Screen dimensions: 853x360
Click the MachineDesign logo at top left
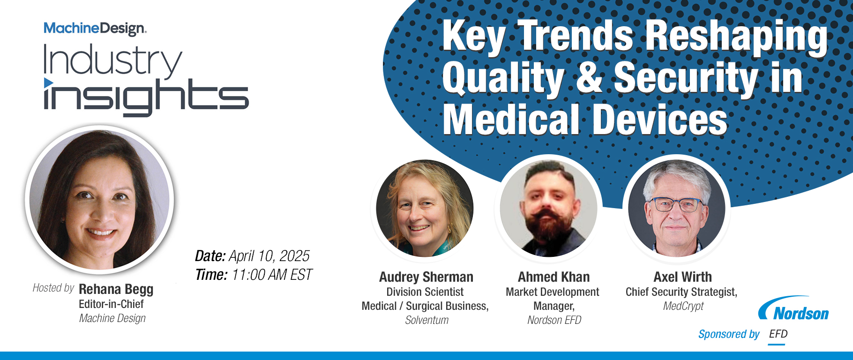tap(95, 29)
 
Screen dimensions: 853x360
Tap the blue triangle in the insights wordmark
tap(48, 83)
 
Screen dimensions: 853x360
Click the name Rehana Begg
tap(116, 289)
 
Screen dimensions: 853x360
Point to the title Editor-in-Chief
tap(111, 304)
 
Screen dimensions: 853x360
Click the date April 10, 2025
tap(269, 256)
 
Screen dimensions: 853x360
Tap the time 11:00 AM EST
tap(272, 275)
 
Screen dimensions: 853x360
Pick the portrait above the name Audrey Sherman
tap(425, 208)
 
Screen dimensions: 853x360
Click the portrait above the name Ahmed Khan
tap(548, 208)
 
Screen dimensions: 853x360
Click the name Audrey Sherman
tap(426, 277)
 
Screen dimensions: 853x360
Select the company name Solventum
tap(427, 320)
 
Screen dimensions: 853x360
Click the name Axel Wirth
tap(682, 277)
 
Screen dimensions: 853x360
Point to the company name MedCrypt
tap(683, 306)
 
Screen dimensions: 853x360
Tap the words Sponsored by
tap(729, 334)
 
